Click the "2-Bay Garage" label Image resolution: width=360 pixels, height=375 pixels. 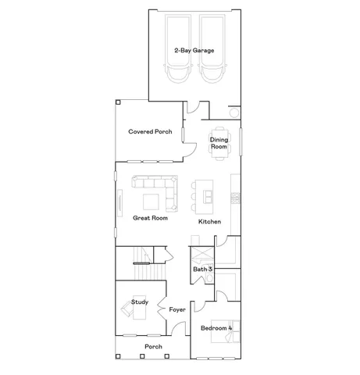coord(194,51)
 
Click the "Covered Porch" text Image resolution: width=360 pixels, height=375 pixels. coord(150,132)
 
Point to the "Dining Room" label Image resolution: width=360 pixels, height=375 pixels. coord(219,143)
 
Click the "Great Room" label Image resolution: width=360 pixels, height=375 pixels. coord(150,219)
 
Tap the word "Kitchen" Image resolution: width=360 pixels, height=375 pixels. coord(209,222)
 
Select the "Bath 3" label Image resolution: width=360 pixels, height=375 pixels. coord(203,270)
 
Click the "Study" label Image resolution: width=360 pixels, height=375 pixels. coord(140,302)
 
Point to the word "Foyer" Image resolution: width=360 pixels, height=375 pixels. coord(177,310)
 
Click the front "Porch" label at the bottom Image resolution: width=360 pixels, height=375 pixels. coord(153,347)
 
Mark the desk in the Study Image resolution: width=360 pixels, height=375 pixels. coord(129,311)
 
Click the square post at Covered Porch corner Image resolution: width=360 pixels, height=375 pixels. coord(117,101)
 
